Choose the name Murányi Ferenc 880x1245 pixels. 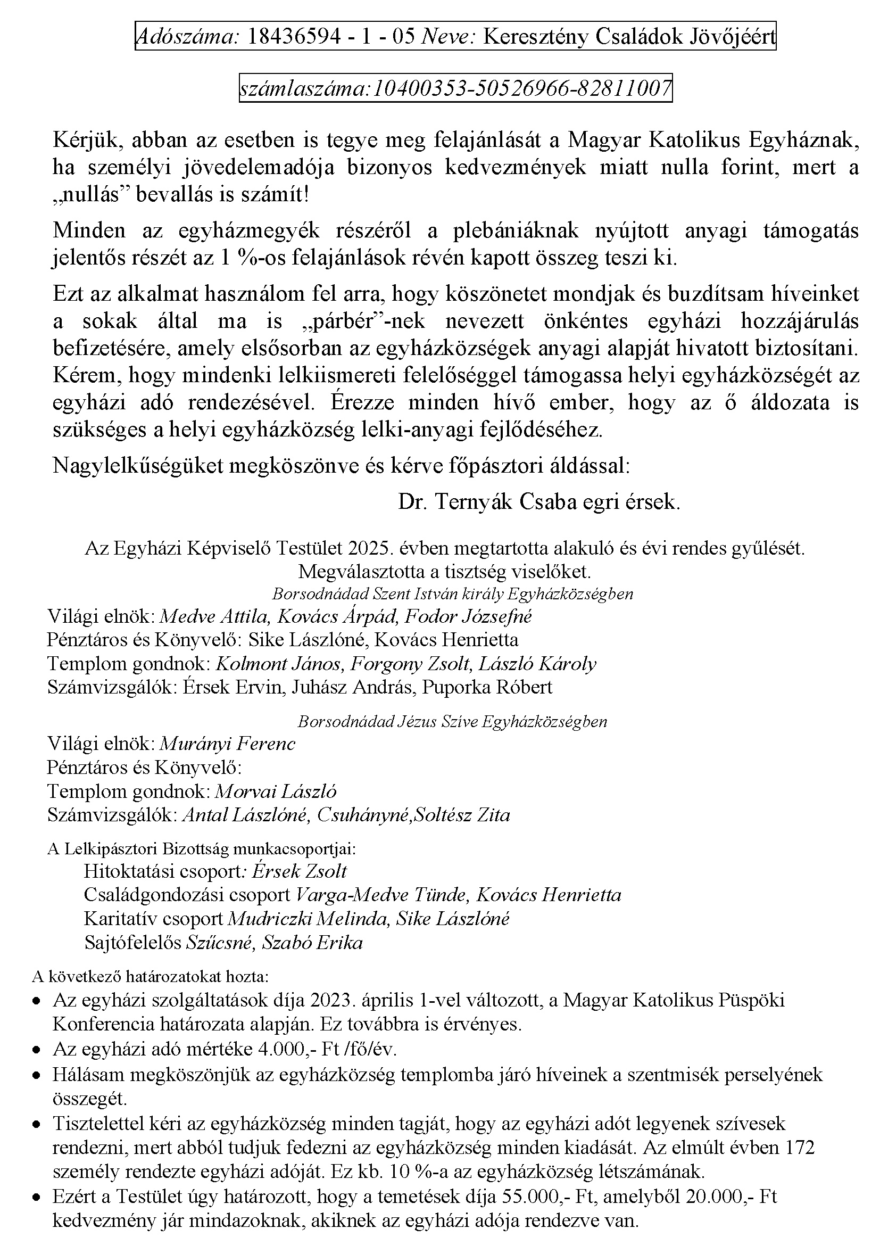click(228, 744)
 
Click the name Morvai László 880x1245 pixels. click(276, 791)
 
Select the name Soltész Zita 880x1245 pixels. click(462, 815)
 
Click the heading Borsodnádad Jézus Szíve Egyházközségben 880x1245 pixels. click(452, 722)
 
